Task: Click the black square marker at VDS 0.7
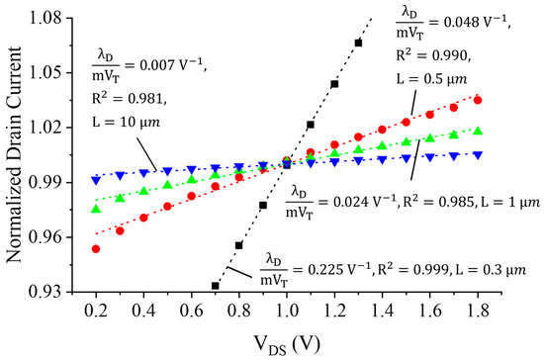pos(216,286)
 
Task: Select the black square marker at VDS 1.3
pos(358,43)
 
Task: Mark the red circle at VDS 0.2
pos(96,248)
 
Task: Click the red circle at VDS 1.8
pos(478,100)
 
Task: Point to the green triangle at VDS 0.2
pos(96,209)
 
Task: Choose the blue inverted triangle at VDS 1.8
pos(478,155)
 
